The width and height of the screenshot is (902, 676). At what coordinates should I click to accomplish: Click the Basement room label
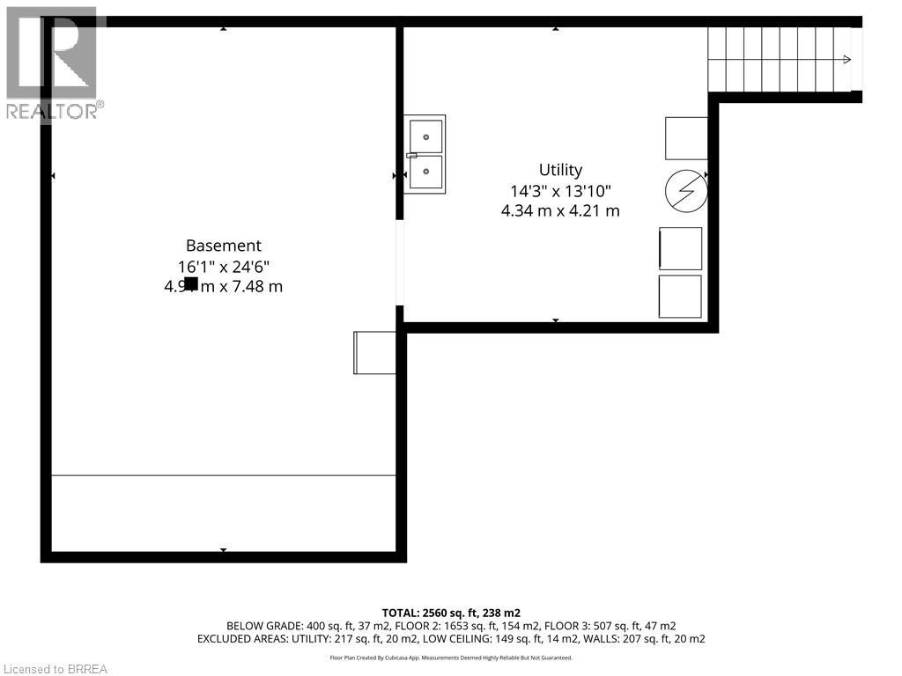(x=223, y=246)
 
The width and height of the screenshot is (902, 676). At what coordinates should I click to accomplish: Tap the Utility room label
(x=560, y=170)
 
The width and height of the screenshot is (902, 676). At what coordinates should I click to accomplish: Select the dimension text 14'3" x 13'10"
(x=560, y=190)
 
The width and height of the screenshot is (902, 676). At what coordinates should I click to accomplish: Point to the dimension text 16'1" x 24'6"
(x=223, y=267)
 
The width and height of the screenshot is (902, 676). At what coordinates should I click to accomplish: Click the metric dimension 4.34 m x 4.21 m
(x=560, y=210)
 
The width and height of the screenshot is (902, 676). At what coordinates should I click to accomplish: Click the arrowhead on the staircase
(x=847, y=60)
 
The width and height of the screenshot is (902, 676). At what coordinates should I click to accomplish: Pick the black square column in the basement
(x=191, y=283)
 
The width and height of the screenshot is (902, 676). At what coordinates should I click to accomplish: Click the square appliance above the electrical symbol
(x=685, y=138)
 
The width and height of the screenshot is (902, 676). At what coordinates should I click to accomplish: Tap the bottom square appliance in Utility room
(x=680, y=297)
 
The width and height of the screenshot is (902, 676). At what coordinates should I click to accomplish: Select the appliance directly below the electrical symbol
(x=681, y=248)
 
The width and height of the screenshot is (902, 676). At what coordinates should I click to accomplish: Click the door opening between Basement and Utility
(x=400, y=262)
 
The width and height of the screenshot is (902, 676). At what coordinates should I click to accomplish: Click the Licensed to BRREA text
(x=55, y=669)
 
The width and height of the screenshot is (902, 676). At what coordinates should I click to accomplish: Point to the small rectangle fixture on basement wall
(x=373, y=352)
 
